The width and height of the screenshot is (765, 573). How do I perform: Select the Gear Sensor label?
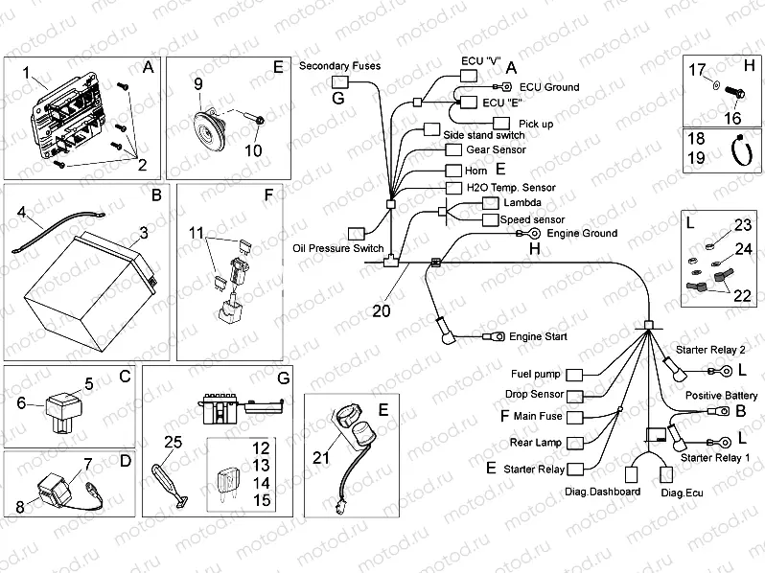[x=495, y=150]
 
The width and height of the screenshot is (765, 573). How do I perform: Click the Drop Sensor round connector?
[x=577, y=396]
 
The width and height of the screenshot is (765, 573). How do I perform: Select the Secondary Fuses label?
[x=339, y=66]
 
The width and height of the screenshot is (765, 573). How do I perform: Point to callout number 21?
[x=320, y=458]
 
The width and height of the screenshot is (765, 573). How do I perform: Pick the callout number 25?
[x=172, y=442]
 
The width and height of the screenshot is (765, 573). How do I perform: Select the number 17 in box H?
[x=697, y=69]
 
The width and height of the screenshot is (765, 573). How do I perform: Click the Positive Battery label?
[x=716, y=395]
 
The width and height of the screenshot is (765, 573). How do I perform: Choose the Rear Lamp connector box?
[x=577, y=444]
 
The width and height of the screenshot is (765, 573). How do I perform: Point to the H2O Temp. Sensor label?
[x=511, y=187]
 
